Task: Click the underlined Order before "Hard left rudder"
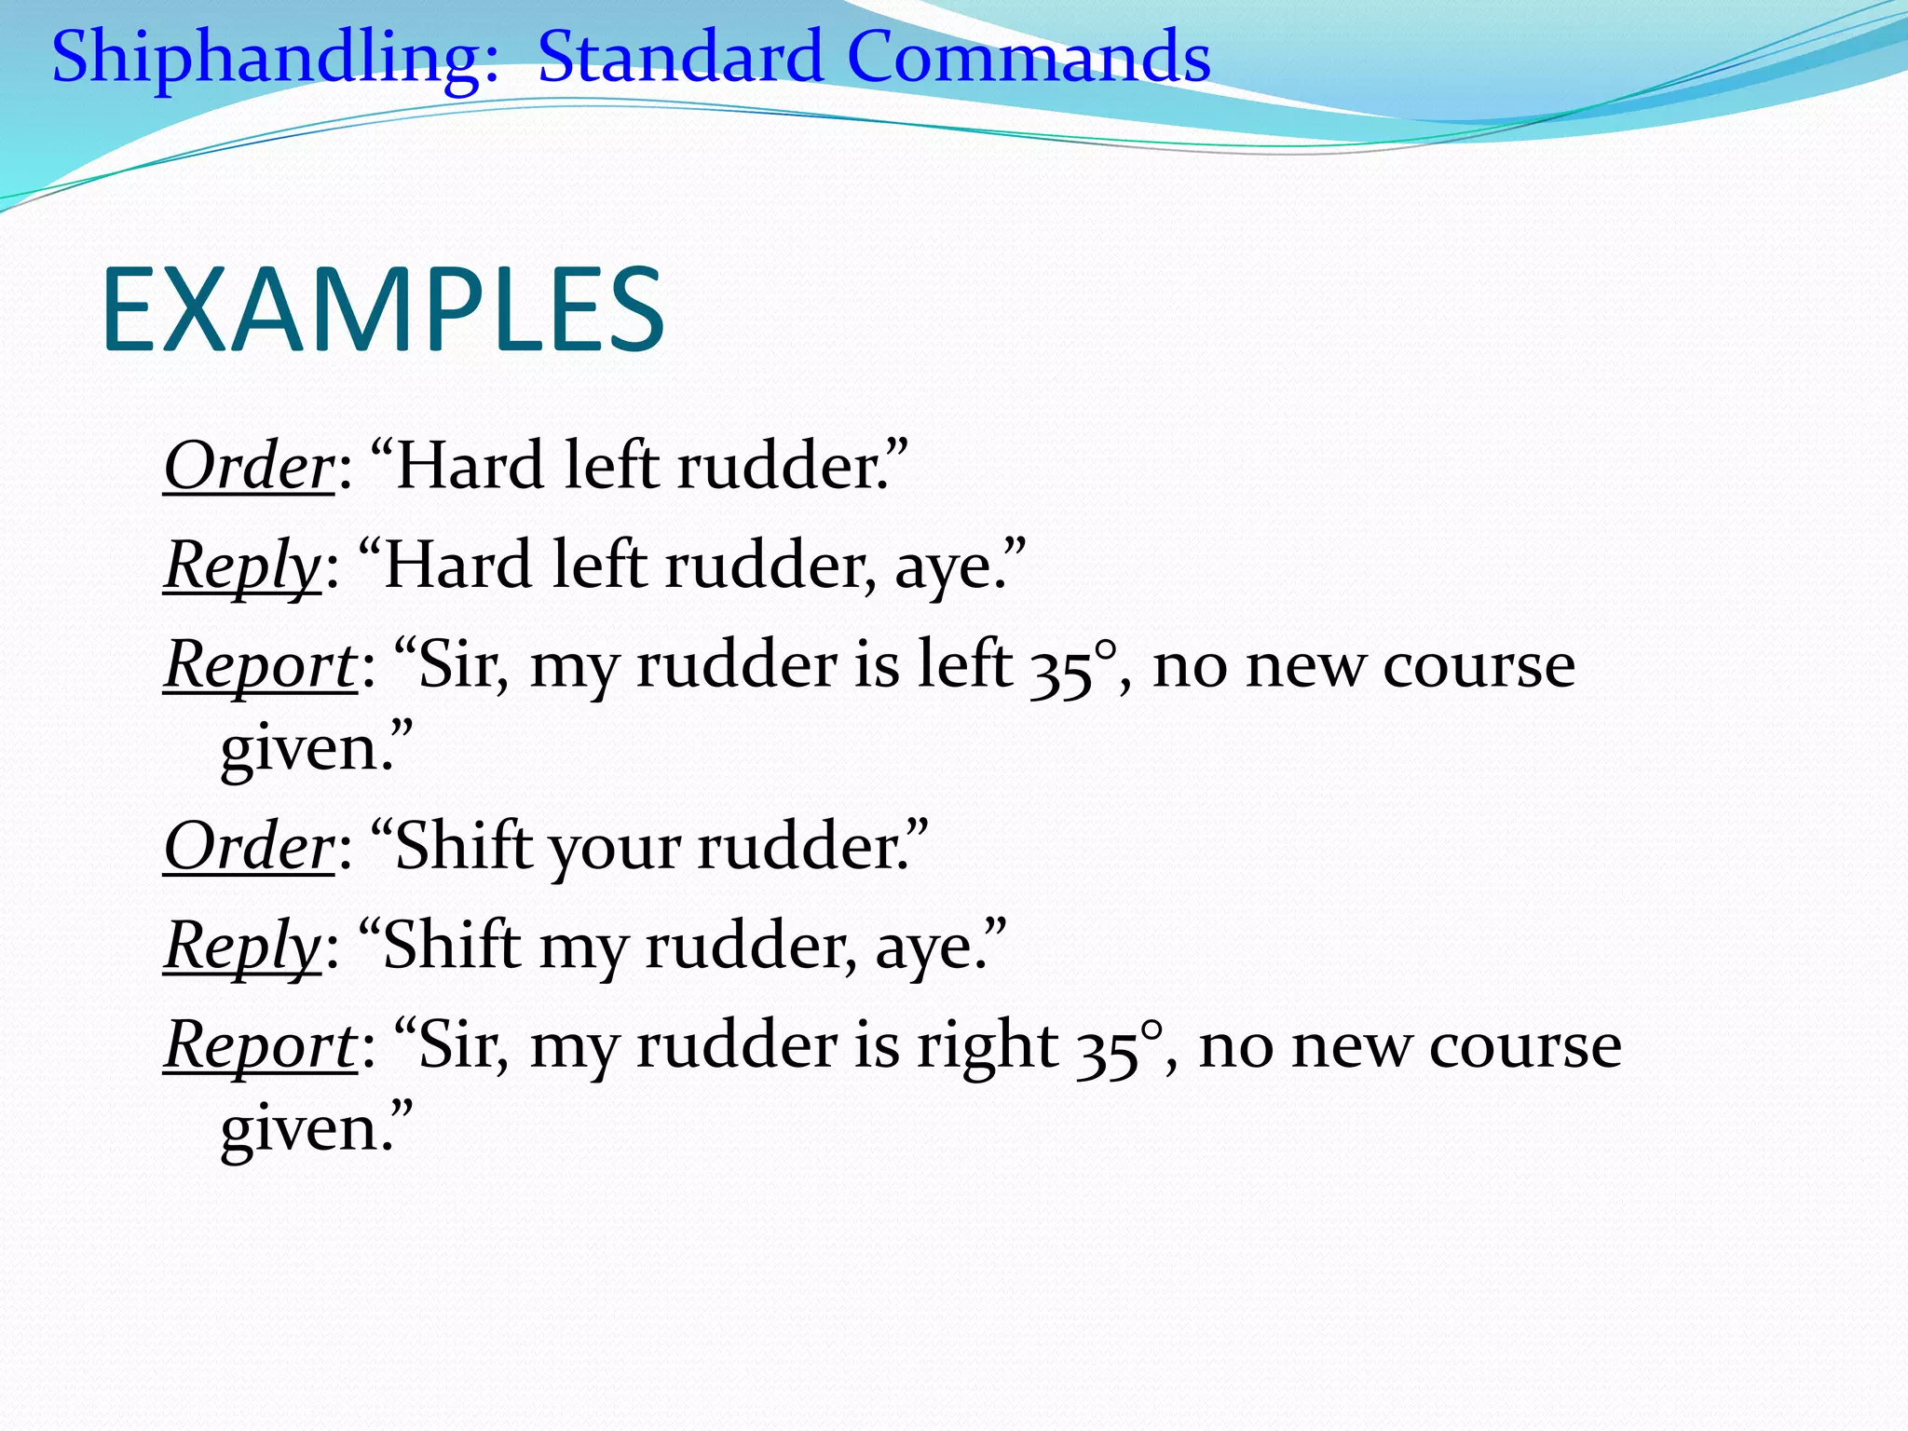[248, 466]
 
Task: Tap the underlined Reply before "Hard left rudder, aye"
[242, 566]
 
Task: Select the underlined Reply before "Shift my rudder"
[242, 947]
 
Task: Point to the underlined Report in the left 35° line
[260, 665]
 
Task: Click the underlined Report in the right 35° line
[260, 1045]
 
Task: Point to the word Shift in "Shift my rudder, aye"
[451, 947]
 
